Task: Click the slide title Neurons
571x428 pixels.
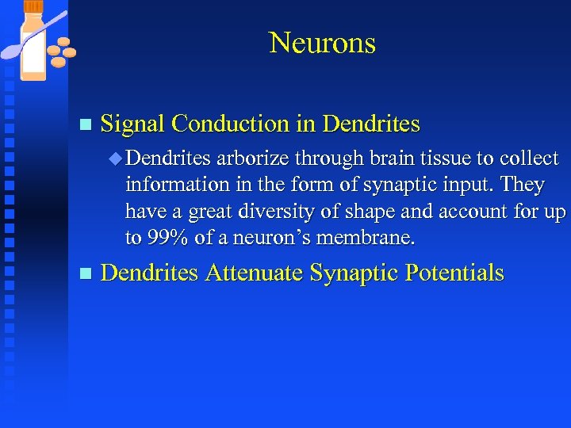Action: coord(322,43)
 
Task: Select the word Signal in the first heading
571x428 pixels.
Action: coord(133,124)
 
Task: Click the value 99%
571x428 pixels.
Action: coord(168,239)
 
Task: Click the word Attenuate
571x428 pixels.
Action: coord(255,273)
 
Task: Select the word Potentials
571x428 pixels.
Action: coord(454,273)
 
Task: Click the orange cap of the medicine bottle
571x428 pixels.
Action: coord(33,7)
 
